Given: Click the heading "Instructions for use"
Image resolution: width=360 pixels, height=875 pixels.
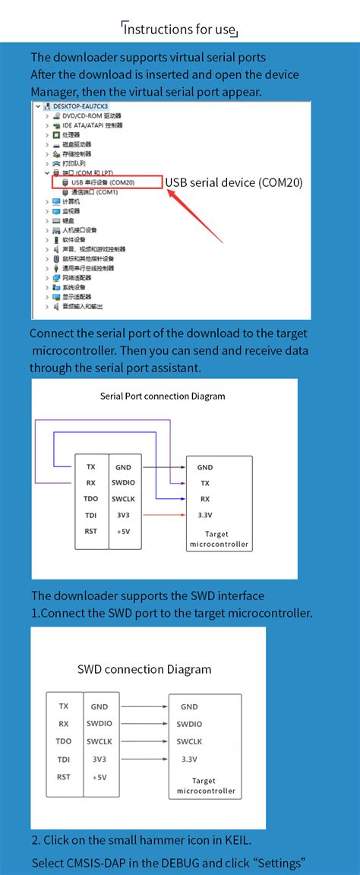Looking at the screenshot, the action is [x=180, y=30].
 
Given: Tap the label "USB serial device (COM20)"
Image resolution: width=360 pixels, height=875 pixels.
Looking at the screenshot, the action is [x=234, y=182].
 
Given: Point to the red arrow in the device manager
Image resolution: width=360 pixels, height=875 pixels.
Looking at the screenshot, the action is [x=195, y=216].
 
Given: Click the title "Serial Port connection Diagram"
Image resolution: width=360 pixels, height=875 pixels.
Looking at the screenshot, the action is [x=163, y=396].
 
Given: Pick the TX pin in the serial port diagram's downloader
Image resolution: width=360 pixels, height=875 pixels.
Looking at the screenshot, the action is [x=91, y=467].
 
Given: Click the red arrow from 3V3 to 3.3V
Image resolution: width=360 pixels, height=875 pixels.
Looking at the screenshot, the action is [x=163, y=515].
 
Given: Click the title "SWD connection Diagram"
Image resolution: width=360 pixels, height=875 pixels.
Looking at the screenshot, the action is [x=144, y=670].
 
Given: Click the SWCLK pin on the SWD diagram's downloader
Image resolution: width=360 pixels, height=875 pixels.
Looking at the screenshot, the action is [x=100, y=741].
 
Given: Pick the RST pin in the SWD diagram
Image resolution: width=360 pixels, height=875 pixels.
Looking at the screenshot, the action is [x=64, y=776].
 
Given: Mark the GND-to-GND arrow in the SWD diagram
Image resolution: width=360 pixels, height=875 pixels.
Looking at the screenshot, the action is [x=145, y=706].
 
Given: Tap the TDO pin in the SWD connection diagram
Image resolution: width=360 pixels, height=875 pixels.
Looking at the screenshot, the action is [x=64, y=741].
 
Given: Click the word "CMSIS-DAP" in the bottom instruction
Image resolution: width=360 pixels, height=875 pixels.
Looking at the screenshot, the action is [x=96, y=864].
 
